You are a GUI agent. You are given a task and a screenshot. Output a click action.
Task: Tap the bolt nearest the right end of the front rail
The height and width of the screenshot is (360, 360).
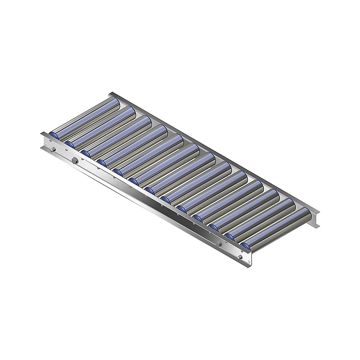239,257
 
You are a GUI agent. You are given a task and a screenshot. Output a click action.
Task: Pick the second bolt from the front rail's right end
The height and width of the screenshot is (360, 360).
220,245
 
